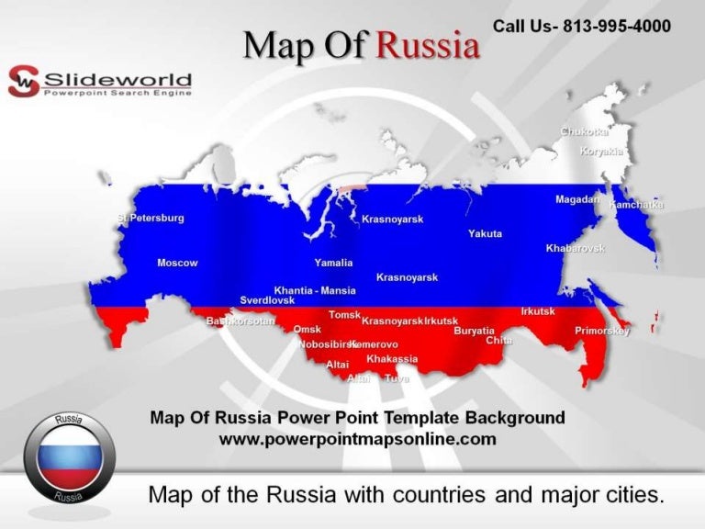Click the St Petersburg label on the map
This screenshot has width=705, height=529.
(x=151, y=219)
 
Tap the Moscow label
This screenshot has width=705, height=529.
(x=177, y=264)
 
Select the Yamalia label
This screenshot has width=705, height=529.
(x=333, y=263)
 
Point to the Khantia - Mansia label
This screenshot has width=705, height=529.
(x=315, y=290)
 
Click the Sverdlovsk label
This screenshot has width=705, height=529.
(x=267, y=300)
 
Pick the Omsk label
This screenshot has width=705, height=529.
(x=307, y=329)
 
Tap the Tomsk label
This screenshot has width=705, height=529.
(x=344, y=315)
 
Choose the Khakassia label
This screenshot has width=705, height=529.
(x=392, y=359)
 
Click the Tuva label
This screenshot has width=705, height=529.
(x=397, y=378)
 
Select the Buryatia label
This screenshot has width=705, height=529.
(x=475, y=331)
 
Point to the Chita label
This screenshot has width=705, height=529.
(x=498, y=341)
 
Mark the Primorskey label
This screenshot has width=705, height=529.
(x=602, y=331)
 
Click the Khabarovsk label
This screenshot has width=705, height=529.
(x=576, y=249)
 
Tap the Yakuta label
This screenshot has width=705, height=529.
(x=485, y=234)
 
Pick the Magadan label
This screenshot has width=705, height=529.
(x=577, y=199)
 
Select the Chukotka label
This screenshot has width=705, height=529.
(x=585, y=132)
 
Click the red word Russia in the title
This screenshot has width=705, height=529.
(x=429, y=44)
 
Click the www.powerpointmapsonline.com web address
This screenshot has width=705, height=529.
(x=357, y=439)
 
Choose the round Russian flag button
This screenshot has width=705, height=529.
(x=69, y=453)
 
